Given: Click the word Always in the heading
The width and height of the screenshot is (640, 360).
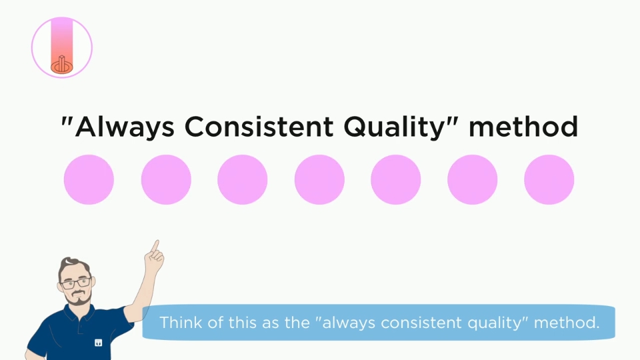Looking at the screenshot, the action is click(125, 127).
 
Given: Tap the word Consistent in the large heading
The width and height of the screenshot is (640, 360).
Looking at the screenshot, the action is click(259, 127).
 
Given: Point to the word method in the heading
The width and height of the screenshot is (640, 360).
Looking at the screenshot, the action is click(523, 126).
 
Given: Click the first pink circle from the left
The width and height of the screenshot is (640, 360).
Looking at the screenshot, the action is click(89, 179).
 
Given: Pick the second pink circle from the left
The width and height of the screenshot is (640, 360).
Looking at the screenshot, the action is click(166, 179).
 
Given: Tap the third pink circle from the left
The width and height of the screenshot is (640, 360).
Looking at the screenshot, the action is click(243, 179).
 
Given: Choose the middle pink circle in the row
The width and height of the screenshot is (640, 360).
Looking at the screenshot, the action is click(319, 179).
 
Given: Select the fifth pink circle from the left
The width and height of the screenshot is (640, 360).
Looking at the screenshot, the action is click(396, 179).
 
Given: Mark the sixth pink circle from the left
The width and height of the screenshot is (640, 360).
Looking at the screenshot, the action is click(472, 179).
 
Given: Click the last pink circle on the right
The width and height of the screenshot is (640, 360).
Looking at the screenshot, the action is click(549, 179).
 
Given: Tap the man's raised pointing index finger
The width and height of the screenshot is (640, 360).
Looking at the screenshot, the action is click(155, 247).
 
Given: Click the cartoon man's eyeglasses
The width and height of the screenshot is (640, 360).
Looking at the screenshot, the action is click(76, 283).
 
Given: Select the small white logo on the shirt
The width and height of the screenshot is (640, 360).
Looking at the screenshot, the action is click(99, 343).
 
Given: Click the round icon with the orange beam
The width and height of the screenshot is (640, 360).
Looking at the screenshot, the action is click(62, 47).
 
